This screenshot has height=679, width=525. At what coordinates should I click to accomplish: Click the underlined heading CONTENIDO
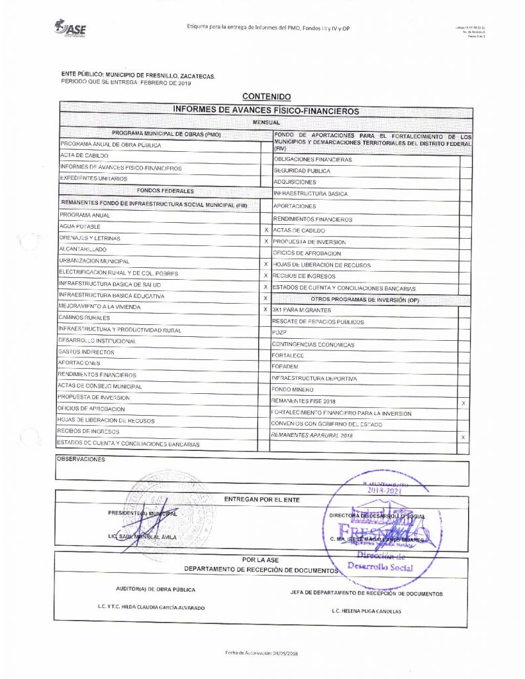(266, 97)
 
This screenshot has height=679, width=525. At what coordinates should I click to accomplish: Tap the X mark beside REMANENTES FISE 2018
(463, 403)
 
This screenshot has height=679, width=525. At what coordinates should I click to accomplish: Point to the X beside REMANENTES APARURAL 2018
(463, 437)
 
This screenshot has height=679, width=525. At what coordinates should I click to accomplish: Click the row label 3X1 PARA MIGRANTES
(304, 310)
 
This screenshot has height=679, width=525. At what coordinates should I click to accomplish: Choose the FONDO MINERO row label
(293, 390)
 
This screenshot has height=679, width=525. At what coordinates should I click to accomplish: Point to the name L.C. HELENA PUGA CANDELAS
(366, 611)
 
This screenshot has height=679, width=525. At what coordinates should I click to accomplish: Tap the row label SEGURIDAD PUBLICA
(302, 171)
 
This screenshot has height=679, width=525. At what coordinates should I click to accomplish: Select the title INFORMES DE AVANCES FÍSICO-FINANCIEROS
(265, 110)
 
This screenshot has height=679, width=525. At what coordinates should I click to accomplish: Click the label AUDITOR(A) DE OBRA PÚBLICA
(156, 589)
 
